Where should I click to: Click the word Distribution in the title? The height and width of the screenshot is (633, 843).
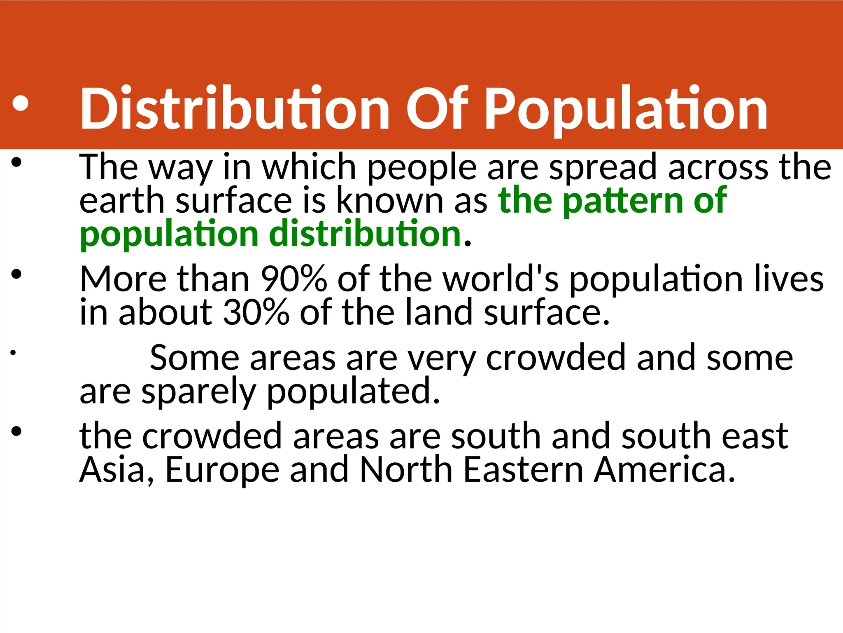pos(235,109)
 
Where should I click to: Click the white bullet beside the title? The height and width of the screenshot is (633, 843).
pos(20,104)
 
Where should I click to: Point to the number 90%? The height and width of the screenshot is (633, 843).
pos(293,279)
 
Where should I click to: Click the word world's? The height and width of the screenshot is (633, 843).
pos(500,279)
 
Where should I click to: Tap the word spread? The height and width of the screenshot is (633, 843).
pos(603,168)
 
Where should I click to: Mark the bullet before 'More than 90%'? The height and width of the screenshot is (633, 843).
pos(16,274)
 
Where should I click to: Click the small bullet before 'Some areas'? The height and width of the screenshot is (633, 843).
pos(13,353)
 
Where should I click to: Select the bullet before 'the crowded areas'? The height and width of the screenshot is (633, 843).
pos(16,431)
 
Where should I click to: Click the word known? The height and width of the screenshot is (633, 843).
pos(390,201)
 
